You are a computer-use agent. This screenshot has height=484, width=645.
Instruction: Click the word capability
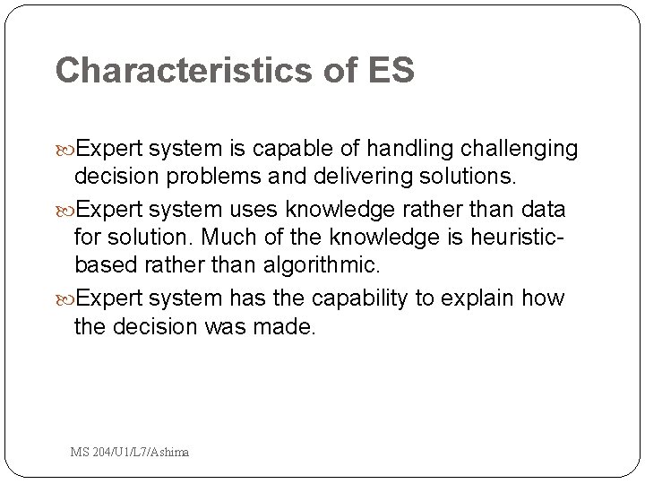(352, 298)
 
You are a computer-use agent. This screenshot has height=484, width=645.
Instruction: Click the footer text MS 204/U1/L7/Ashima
(130, 452)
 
